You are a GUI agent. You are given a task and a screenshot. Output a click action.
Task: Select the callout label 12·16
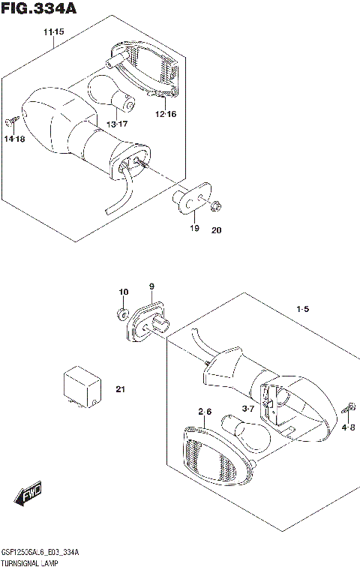click(166, 114)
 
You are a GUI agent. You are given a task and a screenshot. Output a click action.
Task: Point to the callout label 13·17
click(115, 123)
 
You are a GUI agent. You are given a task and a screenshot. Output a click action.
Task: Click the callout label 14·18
click(14, 139)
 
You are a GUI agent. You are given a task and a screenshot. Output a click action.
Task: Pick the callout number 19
click(194, 228)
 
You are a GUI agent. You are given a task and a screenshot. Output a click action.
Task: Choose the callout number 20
click(217, 230)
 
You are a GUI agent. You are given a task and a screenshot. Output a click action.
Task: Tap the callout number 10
click(123, 292)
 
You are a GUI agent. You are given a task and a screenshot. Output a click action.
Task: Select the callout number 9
click(151, 286)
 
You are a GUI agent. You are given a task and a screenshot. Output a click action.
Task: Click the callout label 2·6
click(205, 412)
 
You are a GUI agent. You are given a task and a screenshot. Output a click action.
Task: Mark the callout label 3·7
click(248, 408)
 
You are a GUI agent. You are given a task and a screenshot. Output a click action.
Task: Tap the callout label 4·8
click(349, 427)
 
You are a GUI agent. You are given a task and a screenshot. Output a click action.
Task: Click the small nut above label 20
click(217, 206)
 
